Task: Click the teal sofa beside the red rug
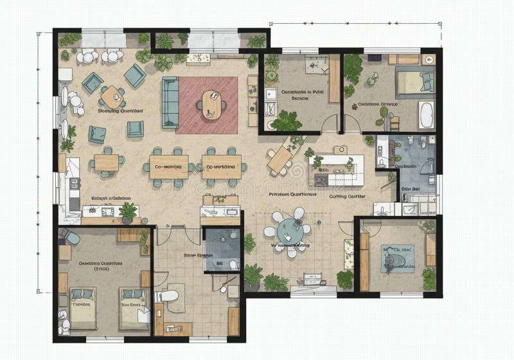point(170,102)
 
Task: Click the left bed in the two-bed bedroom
point(82,307)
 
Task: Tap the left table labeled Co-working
point(169,166)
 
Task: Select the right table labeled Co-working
point(222,166)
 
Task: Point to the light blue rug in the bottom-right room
point(397,258)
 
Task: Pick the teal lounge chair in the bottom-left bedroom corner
point(71,239)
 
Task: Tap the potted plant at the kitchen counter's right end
point(128,211)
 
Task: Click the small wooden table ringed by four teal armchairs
point(114,96)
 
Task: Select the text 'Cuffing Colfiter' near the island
point(348,197)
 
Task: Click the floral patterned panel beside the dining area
point(348,253)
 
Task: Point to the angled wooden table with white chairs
point(280,159)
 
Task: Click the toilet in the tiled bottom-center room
point(168,297)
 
